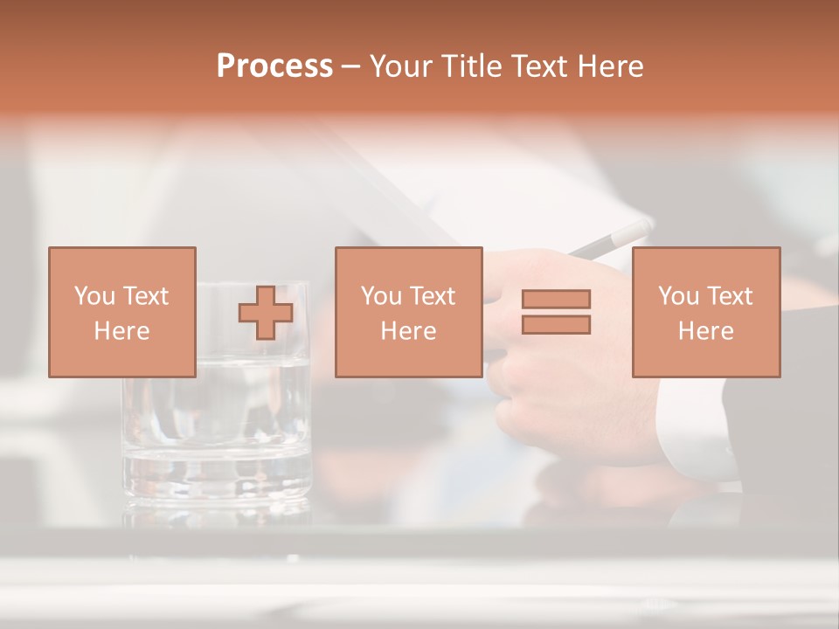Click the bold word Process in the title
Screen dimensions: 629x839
point(274,66)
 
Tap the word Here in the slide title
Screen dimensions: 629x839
point(609,66)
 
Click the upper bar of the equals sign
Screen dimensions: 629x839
point(556,300)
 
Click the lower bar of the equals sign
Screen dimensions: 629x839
point(556,324)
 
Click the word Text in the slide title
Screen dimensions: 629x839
point(537,66)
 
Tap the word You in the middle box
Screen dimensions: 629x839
point(381,296)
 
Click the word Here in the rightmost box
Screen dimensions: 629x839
point(705,331)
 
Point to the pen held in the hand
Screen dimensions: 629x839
point(612,238)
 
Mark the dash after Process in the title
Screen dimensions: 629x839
point(350,67)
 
